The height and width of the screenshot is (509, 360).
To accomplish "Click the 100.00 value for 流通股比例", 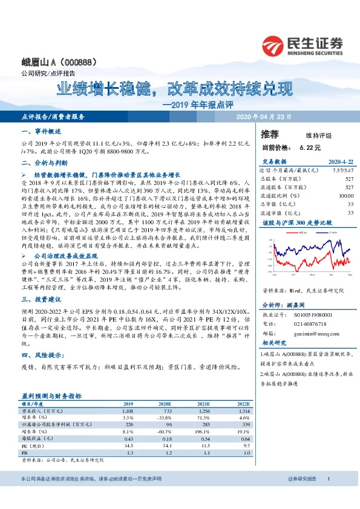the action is pos(346,196).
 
